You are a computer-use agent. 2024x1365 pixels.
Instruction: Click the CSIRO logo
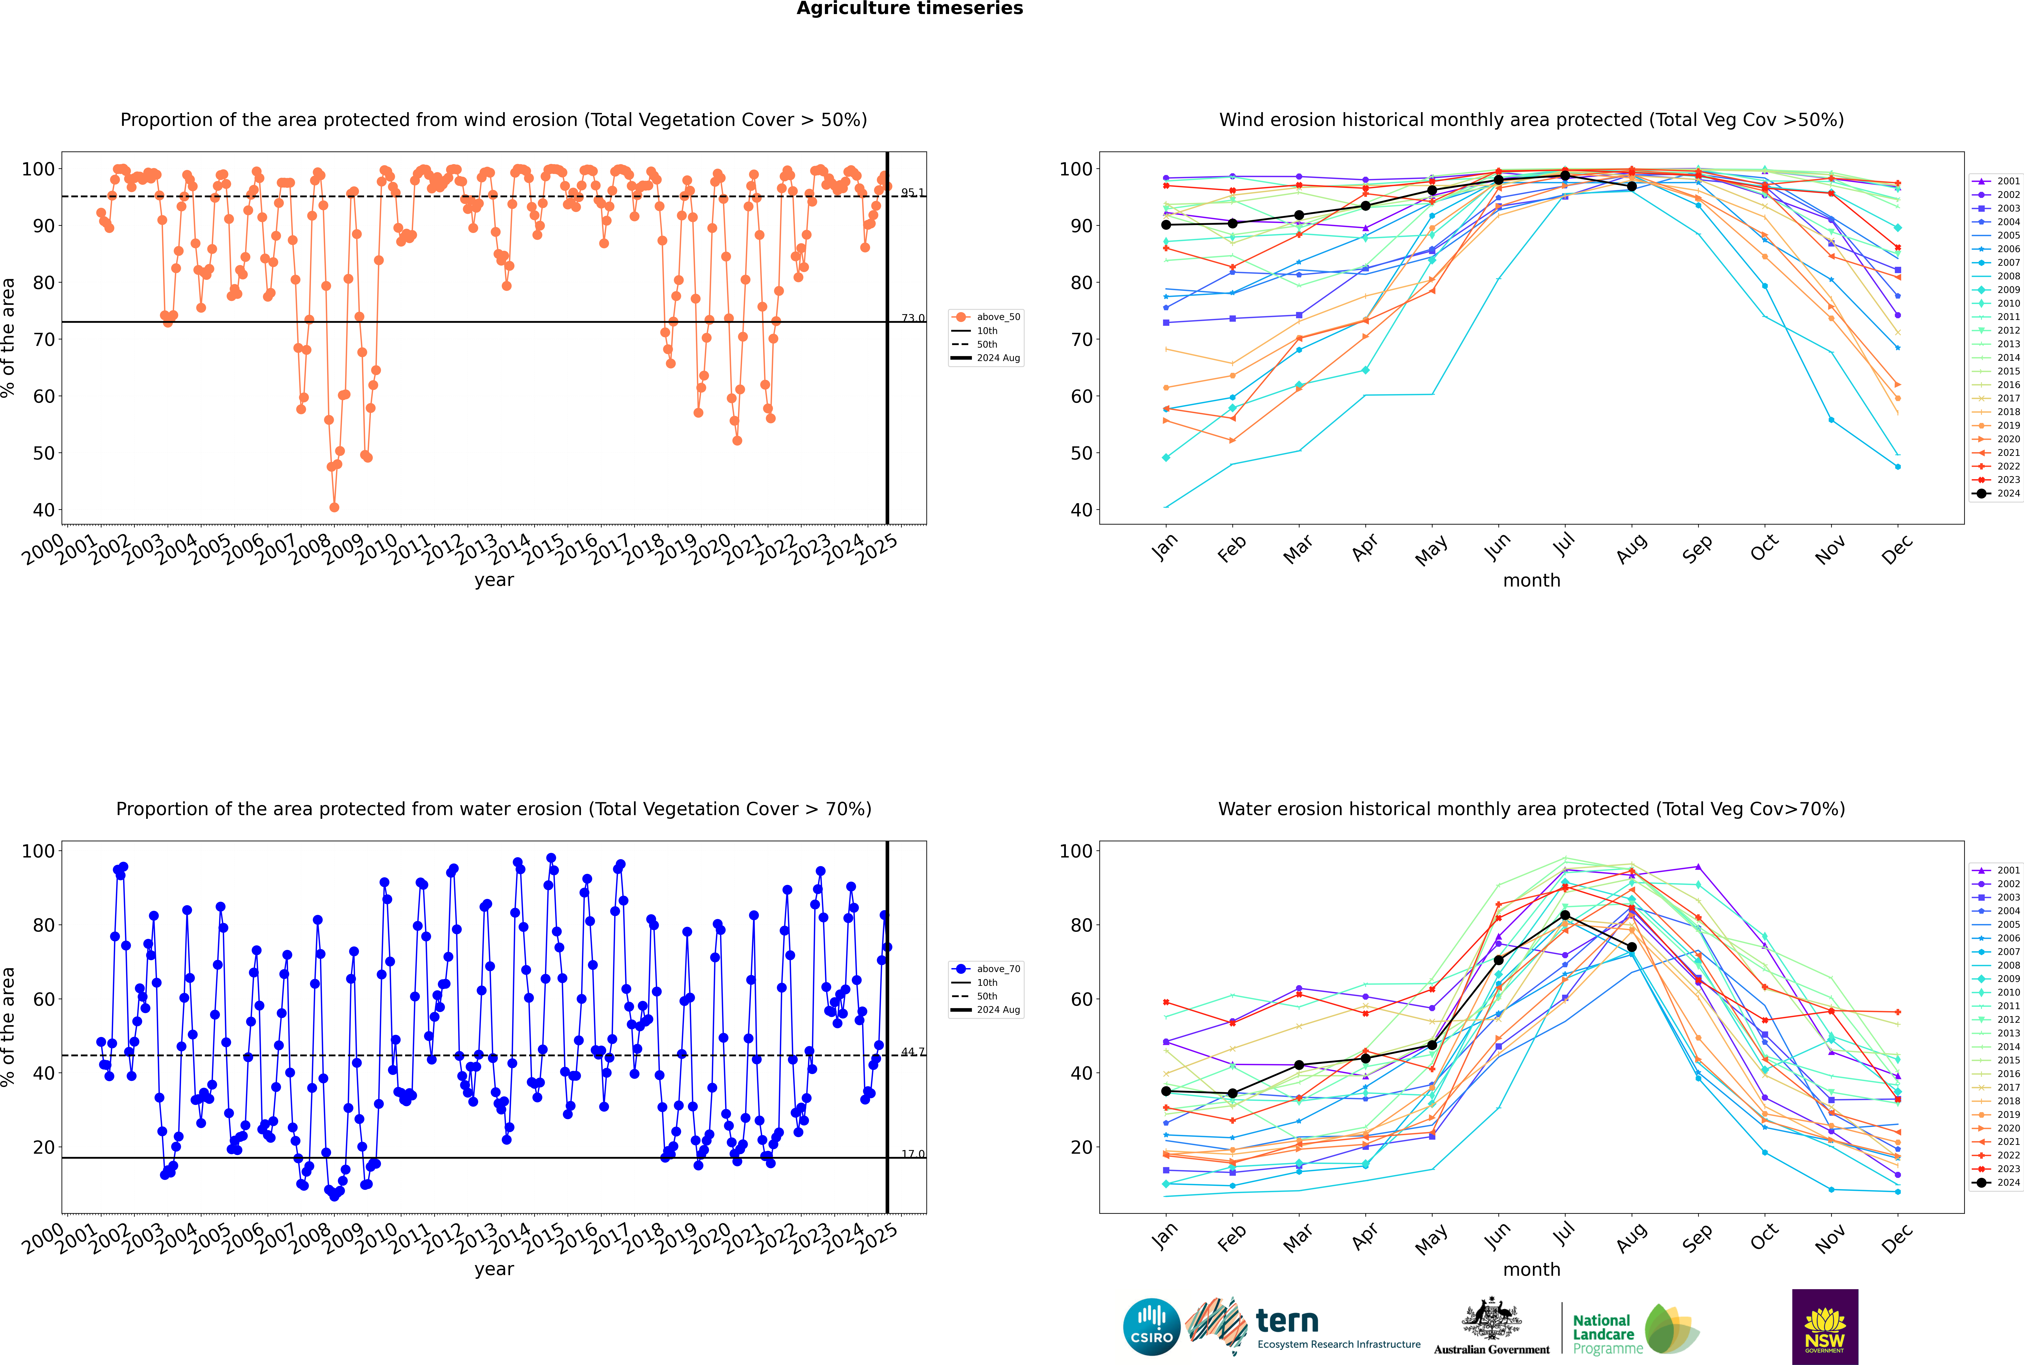coord(1151,1327)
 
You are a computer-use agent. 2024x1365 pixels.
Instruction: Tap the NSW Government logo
coord(1825,1326)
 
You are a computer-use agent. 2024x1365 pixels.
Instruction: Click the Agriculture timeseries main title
coord(909,9)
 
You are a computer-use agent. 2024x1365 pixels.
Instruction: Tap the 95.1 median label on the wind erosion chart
coord(913,192)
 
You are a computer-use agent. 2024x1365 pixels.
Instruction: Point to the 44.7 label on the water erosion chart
coord(913,1052)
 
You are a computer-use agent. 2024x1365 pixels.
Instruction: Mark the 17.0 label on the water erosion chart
coord(913,1154)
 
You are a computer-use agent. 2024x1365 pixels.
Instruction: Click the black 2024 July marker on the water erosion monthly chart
coord(1564,915)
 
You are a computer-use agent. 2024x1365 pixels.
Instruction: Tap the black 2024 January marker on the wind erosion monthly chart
coord(1166,225)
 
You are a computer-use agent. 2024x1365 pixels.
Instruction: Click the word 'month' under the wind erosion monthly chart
coord(1531,581)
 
